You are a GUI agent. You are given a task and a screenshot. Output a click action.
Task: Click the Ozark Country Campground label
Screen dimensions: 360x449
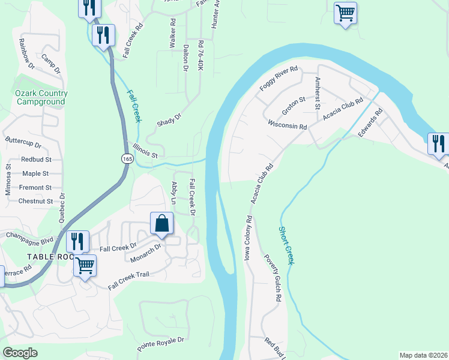pos(41,97)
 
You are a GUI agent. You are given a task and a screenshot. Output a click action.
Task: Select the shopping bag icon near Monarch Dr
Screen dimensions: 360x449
pos(162,223)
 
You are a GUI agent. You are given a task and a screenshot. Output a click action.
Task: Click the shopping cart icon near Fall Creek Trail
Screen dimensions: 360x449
pos(85,265)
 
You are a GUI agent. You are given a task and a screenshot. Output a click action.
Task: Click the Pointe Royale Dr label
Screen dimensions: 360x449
pos(160,343)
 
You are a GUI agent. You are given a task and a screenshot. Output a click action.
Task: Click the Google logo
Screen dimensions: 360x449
pos(20,353)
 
